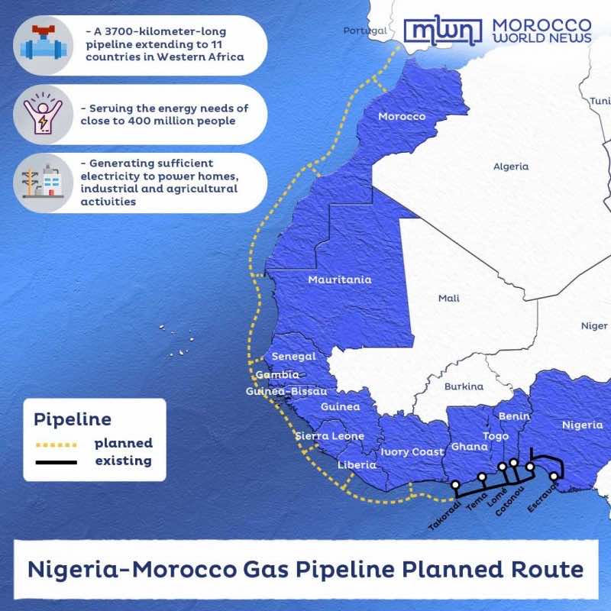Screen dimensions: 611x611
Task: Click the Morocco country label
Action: (x=402, y=116)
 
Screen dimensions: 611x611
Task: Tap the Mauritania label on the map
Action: (x=339, y=280)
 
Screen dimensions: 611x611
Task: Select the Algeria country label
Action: (x=511, y=166)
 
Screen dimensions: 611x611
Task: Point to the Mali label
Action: (x=448, y=298)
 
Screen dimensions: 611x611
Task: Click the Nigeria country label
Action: (x=582, y=425)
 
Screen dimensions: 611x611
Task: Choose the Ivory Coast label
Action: (x=412, y=452)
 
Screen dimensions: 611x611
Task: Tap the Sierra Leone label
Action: (x=330, y=436)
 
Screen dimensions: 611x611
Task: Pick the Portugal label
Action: (x=365, y=31)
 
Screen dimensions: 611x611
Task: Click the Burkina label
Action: (x=464, y=386)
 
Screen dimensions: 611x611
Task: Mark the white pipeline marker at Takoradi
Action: (x=455, y=484)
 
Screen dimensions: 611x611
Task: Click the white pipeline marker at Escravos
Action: (x=554, y=476)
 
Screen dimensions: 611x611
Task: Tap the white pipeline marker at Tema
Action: (x=482, y=477)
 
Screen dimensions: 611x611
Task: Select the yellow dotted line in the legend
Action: (x=56, y=444)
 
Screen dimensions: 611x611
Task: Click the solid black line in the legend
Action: (x=56, y=461)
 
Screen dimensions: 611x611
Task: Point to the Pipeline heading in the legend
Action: (x=73, y=419)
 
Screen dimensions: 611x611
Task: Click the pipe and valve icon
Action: (x=43, y=43)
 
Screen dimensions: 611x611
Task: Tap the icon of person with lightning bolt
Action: (x=43, y=114)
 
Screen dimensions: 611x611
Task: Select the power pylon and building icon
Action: (x=43, y=183)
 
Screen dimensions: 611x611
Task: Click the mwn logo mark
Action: (x=443, y=31)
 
